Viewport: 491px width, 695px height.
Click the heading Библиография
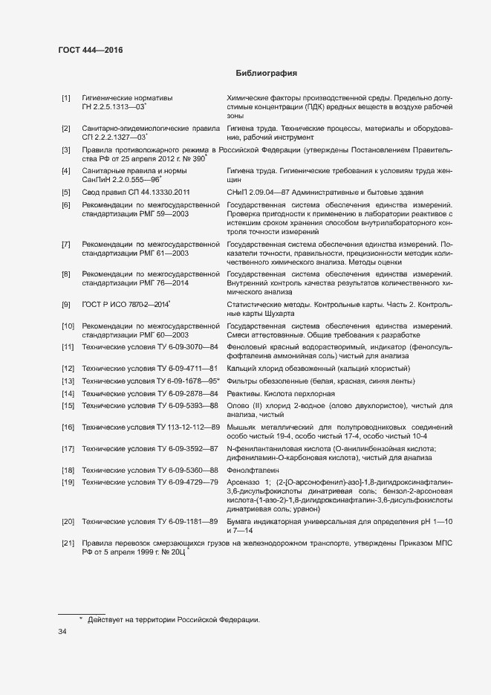tap(266, 73)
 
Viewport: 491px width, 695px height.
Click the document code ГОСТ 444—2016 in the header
tap(90, 51)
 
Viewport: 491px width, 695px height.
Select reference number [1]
tap(65, 98)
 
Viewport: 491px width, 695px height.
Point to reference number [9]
tap(65, 304)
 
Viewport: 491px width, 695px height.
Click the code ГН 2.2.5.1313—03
tap(113, 107)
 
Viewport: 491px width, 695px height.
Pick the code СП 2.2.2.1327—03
tap(114, 138)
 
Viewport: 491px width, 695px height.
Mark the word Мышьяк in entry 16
tap(244, 427)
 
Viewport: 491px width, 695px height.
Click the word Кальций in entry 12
tap(243, 369)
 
